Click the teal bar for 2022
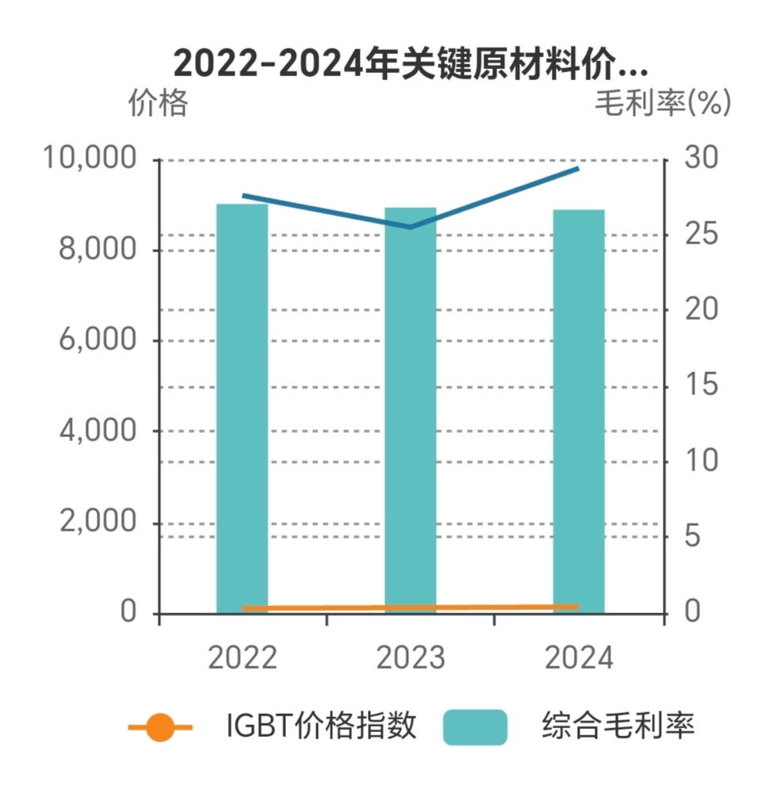click(242, 408)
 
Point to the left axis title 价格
click(158, 104)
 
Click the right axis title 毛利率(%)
click(663, 103)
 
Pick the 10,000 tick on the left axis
click(90, 159)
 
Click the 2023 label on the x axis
click(410, 658)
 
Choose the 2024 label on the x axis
click(578, 658)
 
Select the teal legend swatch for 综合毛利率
click(475, 727)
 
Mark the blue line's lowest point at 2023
click(410, 227)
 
